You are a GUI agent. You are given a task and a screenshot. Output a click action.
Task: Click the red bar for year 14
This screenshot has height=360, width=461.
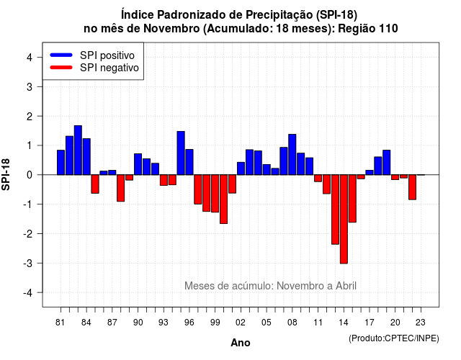[344, 219]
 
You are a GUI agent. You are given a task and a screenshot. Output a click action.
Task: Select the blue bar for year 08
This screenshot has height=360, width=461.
[292, 155]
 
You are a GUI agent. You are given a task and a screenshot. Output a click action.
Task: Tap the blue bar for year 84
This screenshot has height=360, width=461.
[86, 157]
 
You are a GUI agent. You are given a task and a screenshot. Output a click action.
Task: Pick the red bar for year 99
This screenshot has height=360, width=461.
[215, 194]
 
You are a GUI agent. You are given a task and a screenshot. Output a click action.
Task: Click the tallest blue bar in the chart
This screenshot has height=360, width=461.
[78, 150]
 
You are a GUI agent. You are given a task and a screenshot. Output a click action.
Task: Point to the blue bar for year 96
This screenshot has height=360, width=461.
[189, 162]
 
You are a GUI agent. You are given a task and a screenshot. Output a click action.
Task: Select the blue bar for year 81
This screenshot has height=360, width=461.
[61, 163]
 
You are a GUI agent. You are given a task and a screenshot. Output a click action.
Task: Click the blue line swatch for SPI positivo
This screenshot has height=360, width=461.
[61, 55]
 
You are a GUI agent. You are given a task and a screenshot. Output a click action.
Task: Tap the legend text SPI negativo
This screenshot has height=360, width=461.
[109, 68]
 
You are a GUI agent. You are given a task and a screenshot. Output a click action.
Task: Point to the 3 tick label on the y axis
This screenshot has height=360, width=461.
[30, 86]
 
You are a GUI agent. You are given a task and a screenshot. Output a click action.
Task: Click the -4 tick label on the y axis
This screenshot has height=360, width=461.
[28, 293]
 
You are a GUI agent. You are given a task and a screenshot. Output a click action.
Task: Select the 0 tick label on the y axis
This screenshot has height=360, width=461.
[30, 175]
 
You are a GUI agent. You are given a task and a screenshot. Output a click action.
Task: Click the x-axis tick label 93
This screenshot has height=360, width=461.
[164, 323]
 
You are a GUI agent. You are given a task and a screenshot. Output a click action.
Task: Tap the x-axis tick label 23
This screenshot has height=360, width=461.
[421, 323]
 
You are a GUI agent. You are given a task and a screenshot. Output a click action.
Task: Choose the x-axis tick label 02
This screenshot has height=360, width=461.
[241, 323]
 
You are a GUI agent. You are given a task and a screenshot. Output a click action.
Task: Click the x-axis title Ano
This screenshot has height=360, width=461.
[241, 343]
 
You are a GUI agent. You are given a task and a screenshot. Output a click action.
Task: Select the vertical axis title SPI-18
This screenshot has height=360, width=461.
[6, 174]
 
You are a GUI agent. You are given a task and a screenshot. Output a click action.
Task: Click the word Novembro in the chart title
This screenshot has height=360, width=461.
[171, 29]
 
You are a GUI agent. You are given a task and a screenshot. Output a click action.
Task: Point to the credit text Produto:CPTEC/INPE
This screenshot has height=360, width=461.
[394, 338]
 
